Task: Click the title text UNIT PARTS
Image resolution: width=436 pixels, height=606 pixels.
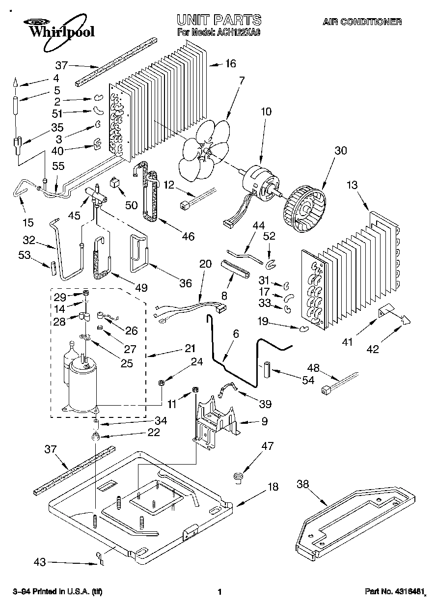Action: coord(218,20)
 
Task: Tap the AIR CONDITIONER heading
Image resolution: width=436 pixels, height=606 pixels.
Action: coord(362,22)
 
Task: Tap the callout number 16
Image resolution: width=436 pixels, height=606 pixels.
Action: coord(230,63)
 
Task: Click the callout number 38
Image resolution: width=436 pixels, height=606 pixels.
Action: coord(304,485)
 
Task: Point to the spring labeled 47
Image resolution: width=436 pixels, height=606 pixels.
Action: coord(239,476)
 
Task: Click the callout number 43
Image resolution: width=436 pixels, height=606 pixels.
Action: coord(41,562)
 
